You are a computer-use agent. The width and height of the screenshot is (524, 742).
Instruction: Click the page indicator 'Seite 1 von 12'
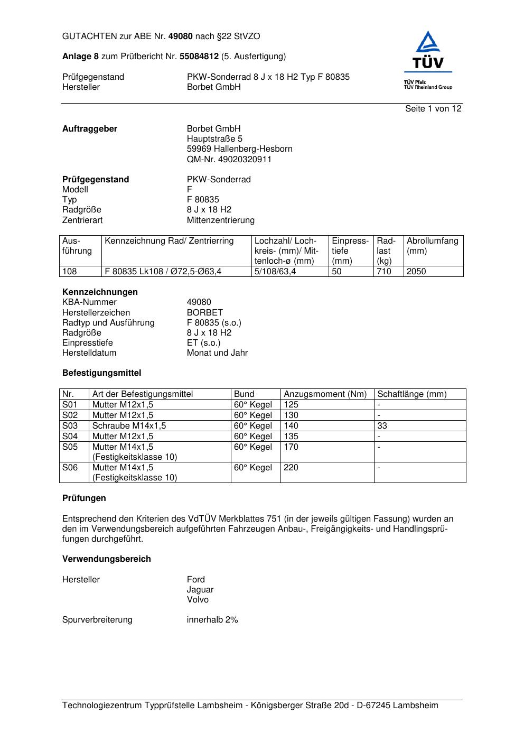[x=433, y=109]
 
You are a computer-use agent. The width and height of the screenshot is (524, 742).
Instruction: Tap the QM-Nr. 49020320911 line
[x=229, y=159]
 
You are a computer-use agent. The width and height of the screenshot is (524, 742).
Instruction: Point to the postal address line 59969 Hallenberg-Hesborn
[x=239, y=149]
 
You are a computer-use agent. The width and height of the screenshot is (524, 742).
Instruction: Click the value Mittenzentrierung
[x=220, y=220]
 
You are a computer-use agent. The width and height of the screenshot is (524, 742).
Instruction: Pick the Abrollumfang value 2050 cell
[x=416, y=272]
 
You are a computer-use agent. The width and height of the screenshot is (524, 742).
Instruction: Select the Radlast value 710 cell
[x=384, y=272]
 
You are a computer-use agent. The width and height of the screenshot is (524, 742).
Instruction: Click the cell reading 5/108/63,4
[x=275, y=272]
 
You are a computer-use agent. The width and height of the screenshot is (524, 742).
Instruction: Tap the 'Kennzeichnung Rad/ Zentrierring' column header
[x=169, y=241]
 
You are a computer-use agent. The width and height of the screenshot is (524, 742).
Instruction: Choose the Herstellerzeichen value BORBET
[x=204, y=312]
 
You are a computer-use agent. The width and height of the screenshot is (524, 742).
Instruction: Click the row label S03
[x=70, y=425]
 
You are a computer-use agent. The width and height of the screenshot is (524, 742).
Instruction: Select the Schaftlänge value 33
[x=382, y=425]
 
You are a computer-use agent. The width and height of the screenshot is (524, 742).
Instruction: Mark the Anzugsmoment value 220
[x=291, y=468]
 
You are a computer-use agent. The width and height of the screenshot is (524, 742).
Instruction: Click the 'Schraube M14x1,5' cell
[x=129, y=425]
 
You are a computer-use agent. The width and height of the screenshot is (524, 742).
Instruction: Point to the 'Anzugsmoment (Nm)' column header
[x=325, y=394]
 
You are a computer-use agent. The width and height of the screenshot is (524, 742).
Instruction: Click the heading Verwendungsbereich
[x=106, y=559]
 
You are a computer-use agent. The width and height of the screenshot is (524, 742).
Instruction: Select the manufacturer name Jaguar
[x=200, y=589]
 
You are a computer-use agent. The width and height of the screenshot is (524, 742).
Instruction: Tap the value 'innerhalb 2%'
[x=212, y=619]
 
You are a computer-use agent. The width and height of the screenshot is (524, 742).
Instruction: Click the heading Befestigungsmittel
[x=101, y=373]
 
